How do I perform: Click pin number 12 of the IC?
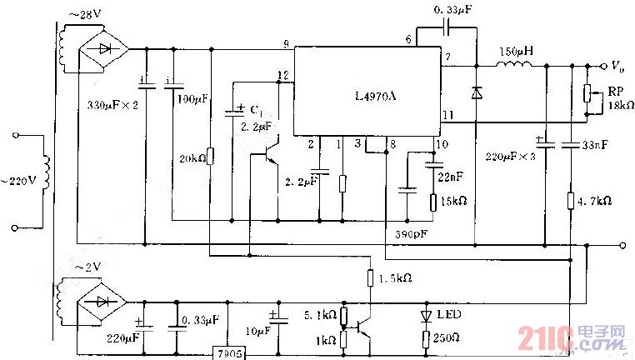tap(283, 76)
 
